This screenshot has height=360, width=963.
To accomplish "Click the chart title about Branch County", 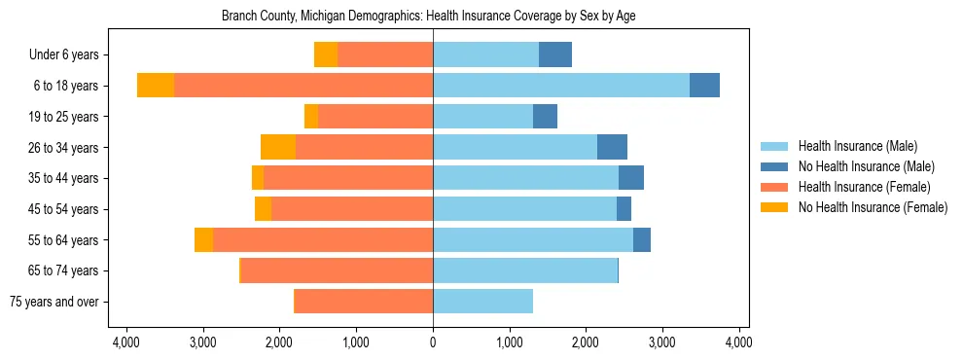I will (x=429, y=17).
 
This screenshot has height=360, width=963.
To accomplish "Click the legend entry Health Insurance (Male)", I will (x=857, y=146).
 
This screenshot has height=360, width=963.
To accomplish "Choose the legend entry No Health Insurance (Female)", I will (x=873, y=207).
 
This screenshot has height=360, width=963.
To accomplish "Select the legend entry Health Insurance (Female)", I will (x=864, y=187).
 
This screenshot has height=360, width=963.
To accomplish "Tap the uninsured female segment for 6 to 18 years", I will (x=156, y=86).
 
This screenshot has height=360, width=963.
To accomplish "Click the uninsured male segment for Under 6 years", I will (x=555, y=55).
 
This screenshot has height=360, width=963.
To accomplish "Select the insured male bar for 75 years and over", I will (x=482, y=302).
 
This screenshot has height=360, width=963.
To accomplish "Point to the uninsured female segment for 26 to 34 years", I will (x=278, y=148).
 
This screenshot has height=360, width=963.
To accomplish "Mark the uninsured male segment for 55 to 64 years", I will (x=642, y=240).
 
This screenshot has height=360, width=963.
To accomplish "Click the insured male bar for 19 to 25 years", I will (x=482, y=117).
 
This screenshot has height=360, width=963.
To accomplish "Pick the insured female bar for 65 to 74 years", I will (x=337, y=270).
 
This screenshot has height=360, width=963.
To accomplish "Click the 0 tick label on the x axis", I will (x=433, y=342).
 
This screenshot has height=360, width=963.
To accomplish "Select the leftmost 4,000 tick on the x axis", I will (x=125, y=342).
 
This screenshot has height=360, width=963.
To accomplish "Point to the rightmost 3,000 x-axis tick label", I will (x=662, y=342).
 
